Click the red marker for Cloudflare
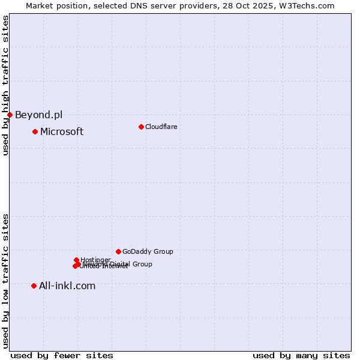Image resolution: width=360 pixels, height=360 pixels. [x=141, y=127]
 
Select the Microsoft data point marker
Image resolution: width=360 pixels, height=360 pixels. [x=35, y=131]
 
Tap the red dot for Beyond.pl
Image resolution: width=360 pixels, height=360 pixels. [x=10, y=115]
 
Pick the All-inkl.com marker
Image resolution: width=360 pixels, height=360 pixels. [x=34, y=286]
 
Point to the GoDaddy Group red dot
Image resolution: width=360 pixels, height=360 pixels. [x=118, y=251]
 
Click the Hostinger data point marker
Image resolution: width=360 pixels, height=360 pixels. [x=76, y=260]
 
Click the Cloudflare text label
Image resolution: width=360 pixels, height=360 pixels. [x=161, y=127]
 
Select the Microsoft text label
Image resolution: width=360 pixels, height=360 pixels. [x=62, y=131]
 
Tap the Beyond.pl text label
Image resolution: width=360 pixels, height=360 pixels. [x=38, y=115]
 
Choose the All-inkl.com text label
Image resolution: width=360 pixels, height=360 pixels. [x=67, y=286]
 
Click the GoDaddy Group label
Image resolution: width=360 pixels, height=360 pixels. [x=148, y=251]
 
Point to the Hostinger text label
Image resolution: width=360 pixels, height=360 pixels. [x=95, y=260]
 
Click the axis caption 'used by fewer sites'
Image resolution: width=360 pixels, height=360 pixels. [x=62, y=355]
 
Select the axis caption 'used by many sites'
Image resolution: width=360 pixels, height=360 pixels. [x=301, y=355]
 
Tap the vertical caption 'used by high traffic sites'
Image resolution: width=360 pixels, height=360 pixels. [x=5, y=85]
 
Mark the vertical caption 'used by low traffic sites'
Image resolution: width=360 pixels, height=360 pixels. [x=5, y=280]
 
